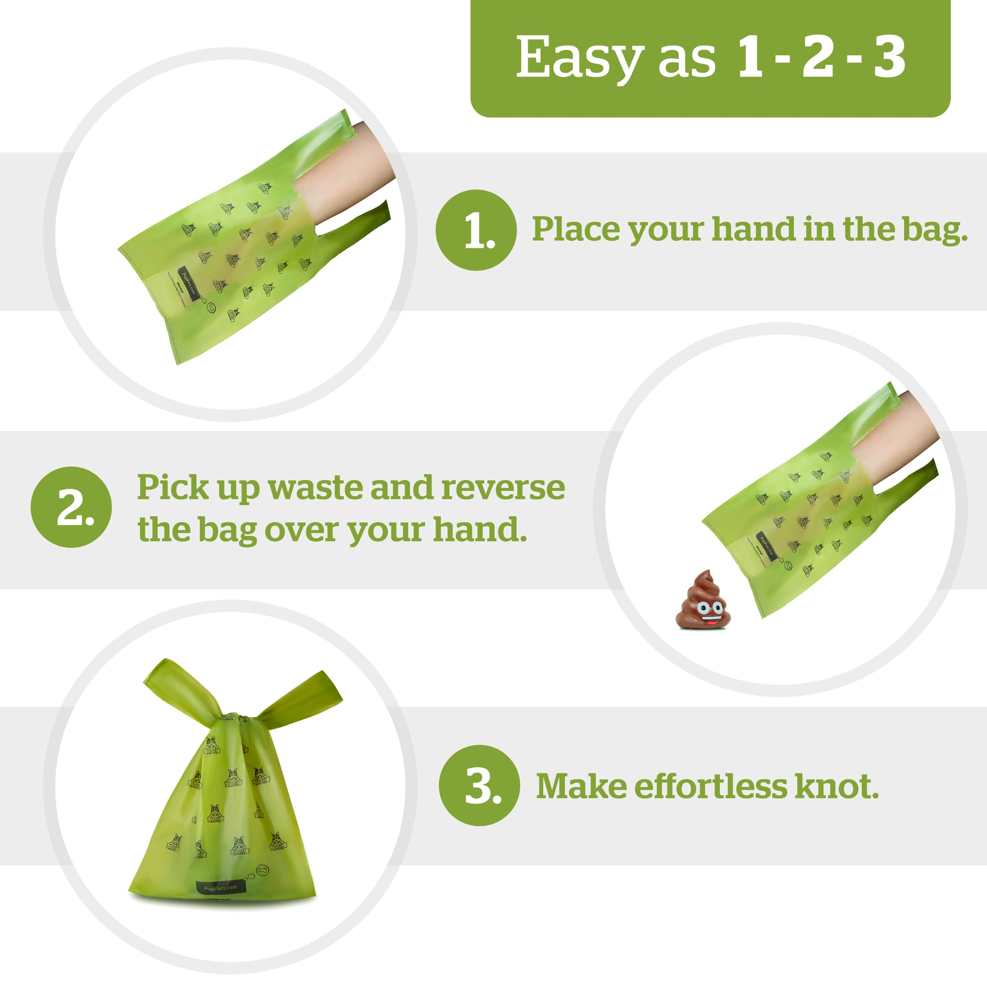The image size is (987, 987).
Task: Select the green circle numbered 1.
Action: click(476, 230)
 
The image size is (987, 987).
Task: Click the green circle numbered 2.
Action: click(71, 507)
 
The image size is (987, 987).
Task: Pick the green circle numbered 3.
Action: click(479, 785)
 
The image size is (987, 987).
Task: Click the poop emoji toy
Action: click(702, 601)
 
